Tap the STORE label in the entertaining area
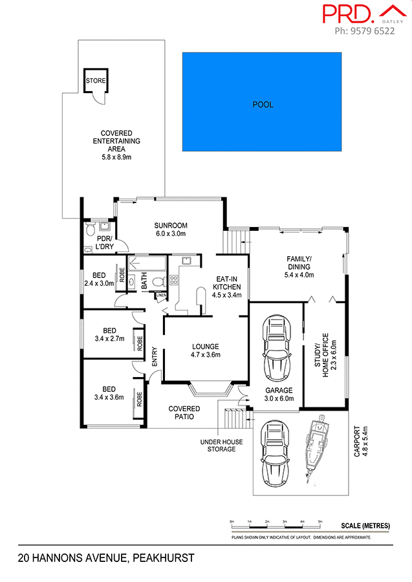tap(96, 81)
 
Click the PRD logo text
tap(347, 14)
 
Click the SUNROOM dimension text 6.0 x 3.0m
tap(170, 233)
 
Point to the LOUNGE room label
tap(205, 346)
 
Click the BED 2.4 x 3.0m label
tap(99, 279)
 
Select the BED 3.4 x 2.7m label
tap(109, 334)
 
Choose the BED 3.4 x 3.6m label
tap(109, 393)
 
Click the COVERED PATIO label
tap(184, 413)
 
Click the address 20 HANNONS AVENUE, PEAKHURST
tap(106, 557)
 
